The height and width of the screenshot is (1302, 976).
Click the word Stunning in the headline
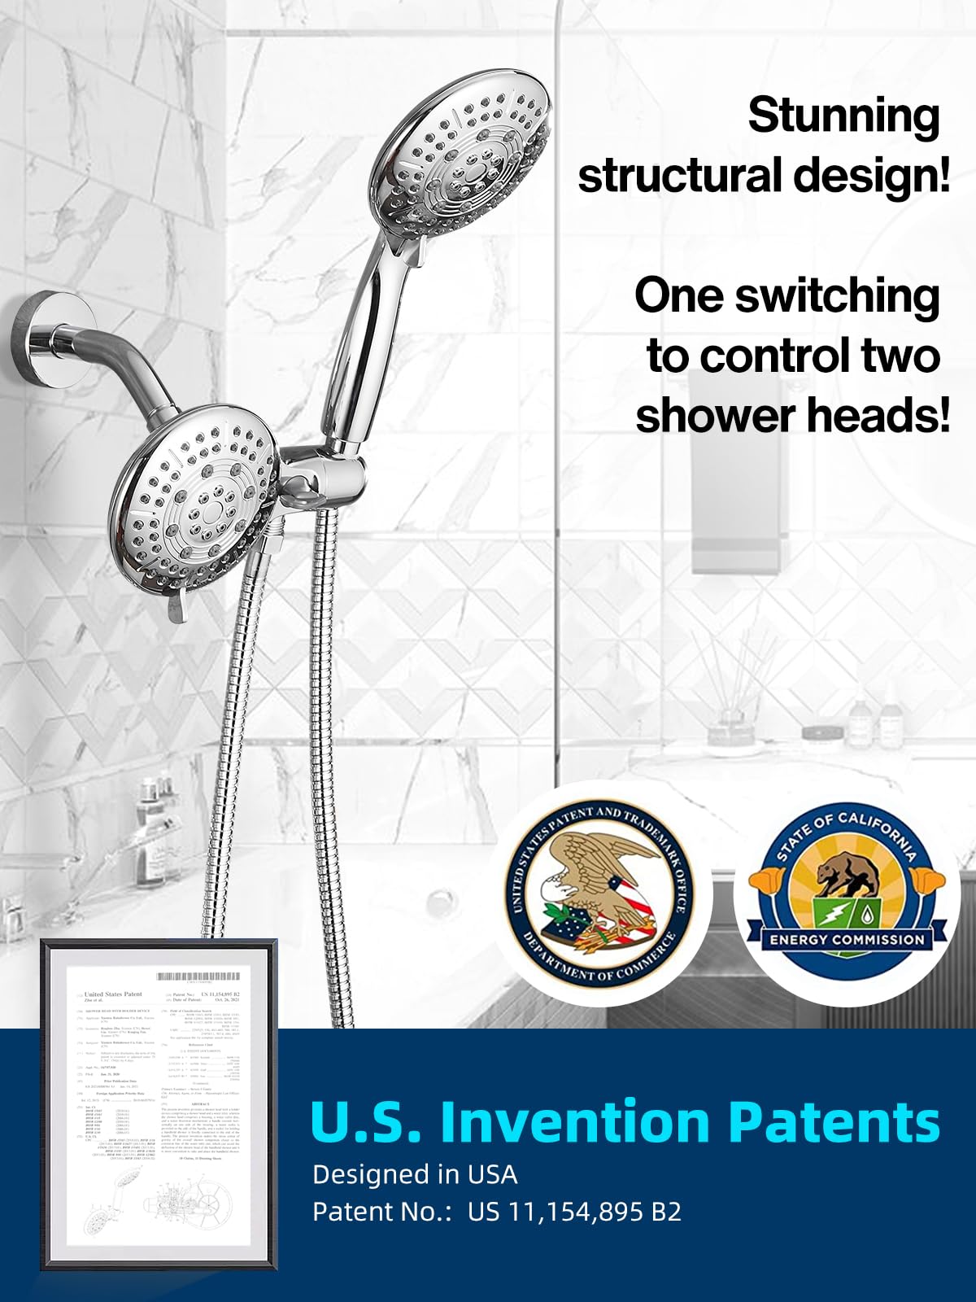(843, 116)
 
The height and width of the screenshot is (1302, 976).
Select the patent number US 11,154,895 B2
(574, 1212)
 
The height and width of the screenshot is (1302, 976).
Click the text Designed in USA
(415, 1174)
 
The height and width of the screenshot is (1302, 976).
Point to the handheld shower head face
(468, 155)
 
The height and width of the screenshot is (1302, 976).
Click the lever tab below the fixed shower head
(177, 607)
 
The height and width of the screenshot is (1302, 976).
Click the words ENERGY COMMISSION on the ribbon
(847, 940)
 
